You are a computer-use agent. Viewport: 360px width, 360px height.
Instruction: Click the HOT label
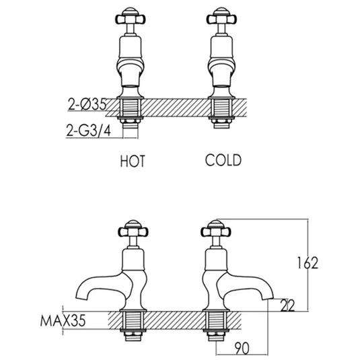[x=133, y=161]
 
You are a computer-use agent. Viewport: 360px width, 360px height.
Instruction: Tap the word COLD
[x=223, y=161]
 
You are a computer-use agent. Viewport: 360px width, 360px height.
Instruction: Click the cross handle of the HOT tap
[x=131, y=15]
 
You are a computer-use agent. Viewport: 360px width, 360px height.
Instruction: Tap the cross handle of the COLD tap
[x=223, y=15]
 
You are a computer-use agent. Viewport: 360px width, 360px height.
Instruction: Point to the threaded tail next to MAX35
[x=131, y=323]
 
